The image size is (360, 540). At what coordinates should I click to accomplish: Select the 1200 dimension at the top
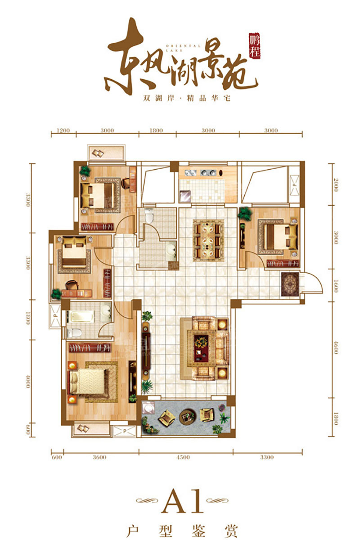coord(63,130)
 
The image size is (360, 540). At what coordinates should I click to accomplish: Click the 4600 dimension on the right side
coord(336,347)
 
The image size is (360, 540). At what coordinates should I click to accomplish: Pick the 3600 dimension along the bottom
coord(99,457)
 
